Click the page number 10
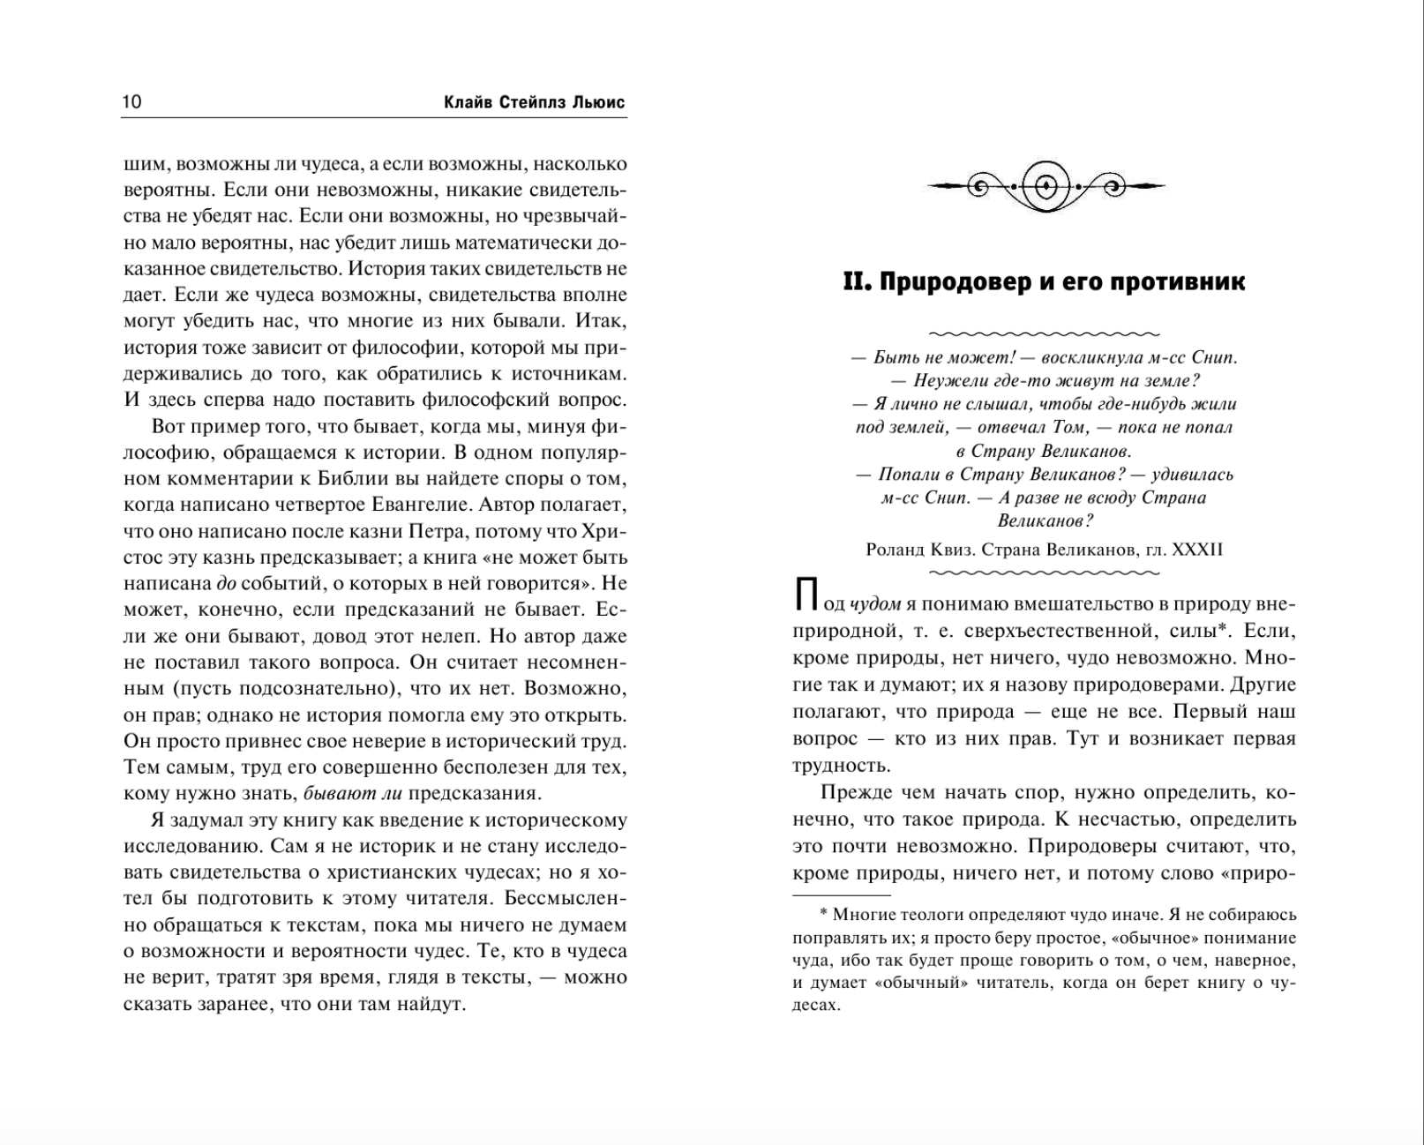pyautogui.click(x=131, y=101)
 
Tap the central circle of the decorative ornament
pyautogui.click(x=1046, y=186)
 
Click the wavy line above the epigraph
pyautogui.click(x=1045, y=334)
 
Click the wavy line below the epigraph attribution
pyautogui.click(x=1045, y=572)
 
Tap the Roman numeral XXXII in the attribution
pyautogui.click(x=1197, y=550)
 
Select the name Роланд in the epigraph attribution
pyautogui.click(x=895, y=550)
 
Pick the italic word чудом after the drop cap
pyautogui.click(x=874, y=604)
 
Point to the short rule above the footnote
pyautogui.click(x=828, y=895)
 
